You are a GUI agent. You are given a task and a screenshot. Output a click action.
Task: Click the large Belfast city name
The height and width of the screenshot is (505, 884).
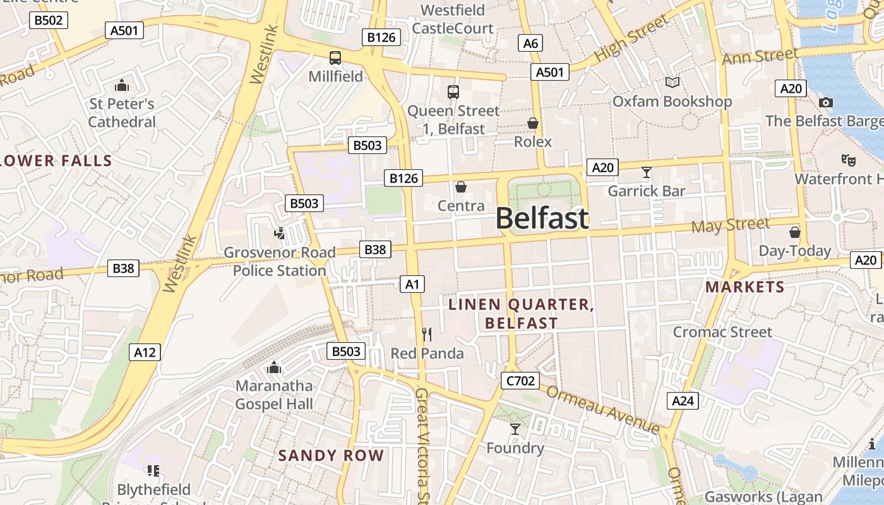tap(542, 218)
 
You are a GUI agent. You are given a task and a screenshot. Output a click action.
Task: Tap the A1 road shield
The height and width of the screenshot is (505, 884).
tap(412, 284)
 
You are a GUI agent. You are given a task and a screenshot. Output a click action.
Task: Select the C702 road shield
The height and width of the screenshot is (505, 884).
tap(520, 381)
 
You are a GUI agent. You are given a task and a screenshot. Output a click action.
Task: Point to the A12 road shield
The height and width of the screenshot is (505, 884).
tap(145, 352)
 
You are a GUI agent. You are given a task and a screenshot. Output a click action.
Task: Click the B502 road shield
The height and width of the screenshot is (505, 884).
tap(49, 20)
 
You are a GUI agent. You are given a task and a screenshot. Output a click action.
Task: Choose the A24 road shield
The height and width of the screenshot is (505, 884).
tap(683, 400)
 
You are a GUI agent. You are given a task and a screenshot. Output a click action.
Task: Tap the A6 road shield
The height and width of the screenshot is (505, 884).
tap(530, 43)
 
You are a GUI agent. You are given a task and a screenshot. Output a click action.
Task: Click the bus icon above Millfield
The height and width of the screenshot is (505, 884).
tap(335, 58)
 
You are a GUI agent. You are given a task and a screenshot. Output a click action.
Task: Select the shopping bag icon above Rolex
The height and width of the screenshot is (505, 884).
tap(533, 123)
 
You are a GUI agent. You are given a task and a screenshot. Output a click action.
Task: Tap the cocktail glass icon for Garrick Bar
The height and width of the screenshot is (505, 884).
tap(646, 172)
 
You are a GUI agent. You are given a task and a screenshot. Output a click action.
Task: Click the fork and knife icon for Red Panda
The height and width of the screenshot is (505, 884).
tap(427, 334)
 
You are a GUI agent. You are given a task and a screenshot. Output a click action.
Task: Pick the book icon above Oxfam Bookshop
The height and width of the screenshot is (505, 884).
tap(672, 83)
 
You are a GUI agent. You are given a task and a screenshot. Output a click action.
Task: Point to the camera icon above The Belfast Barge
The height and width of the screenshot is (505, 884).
tap(825, 102)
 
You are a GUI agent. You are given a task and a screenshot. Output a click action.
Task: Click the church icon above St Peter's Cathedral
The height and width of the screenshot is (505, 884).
tap(121, 85)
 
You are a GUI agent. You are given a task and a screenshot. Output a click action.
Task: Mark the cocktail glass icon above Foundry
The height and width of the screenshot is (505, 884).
tap(515, 429)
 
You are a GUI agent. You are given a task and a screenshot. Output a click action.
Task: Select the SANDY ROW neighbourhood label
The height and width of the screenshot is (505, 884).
tap(331, 455)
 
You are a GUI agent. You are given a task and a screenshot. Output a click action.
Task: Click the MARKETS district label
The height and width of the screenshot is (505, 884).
tap(744, 287)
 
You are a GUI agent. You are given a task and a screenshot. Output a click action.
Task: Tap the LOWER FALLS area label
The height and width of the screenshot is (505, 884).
tap(56, 161)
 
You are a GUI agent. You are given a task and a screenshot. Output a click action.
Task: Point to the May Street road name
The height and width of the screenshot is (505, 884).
tap(731, 225)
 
